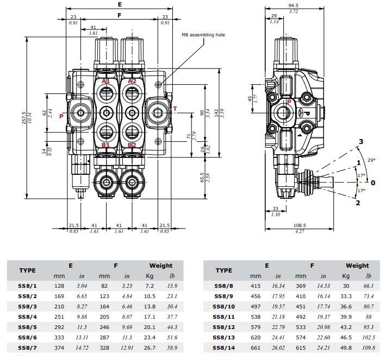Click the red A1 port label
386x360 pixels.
(x=105, y=81)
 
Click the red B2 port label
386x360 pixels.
(x=132, y=146)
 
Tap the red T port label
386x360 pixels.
(x=175, y=109)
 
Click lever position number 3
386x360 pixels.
(x=360, y=142)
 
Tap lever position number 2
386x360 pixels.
(x=357, y=203)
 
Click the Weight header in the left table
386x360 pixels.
(x=161, y=266)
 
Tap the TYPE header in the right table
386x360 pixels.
(x=223, y=270)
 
